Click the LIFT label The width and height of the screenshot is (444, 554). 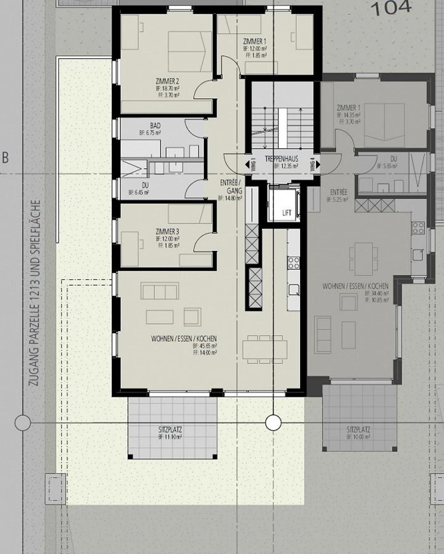point(287,213)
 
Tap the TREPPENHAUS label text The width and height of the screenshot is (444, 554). point(282,159)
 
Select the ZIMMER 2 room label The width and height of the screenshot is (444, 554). point(167,82)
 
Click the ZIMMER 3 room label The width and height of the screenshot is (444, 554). point(167,232)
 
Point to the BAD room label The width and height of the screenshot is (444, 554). point(155,126)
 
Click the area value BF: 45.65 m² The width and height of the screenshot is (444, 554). point(205,346)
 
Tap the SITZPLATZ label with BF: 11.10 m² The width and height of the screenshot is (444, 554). point(170,430)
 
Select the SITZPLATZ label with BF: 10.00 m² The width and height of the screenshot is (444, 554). point(358,429)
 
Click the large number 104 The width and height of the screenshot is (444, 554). point(391,8)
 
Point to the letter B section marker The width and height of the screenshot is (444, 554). point(5,158)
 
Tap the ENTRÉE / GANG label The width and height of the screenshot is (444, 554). point(231,187)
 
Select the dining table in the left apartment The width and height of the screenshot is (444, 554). point(265,349)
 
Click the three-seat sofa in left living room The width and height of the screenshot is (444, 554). point(160,291)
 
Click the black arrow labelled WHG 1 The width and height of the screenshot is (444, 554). point(247,165)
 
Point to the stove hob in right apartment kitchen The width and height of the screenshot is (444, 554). point(418,228)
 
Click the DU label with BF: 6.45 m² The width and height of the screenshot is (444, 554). point(145,186)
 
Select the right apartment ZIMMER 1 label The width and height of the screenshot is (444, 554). point(348,108)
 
